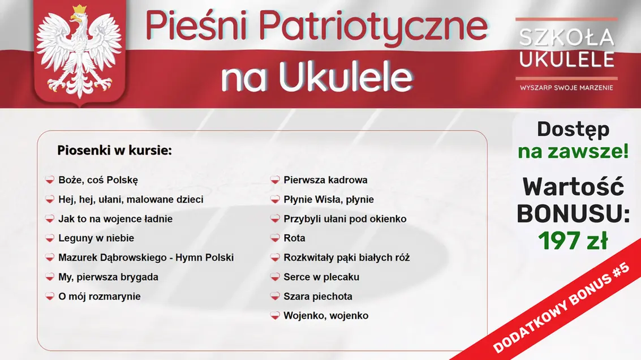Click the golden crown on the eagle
[x=80, y=10]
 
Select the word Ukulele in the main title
[x=345, y=78]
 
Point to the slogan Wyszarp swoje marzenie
[x=566, y=88]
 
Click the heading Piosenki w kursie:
[x=114, y=151]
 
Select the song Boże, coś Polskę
[x=98, y=180]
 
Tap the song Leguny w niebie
[x=96, y=238]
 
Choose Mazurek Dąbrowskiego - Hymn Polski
[x=146, y=258]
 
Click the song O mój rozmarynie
[x=100, y=297]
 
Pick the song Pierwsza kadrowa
[x=325, y=180]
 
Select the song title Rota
[x=294, y=238]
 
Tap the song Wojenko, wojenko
[x=326, y=316]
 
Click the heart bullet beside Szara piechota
[x=275, y=296]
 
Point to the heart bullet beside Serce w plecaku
[x=275, y=277]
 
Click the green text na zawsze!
[x=573, y=152]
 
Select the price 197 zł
[x=573, y=241]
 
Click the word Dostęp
[x=573, y=129]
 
